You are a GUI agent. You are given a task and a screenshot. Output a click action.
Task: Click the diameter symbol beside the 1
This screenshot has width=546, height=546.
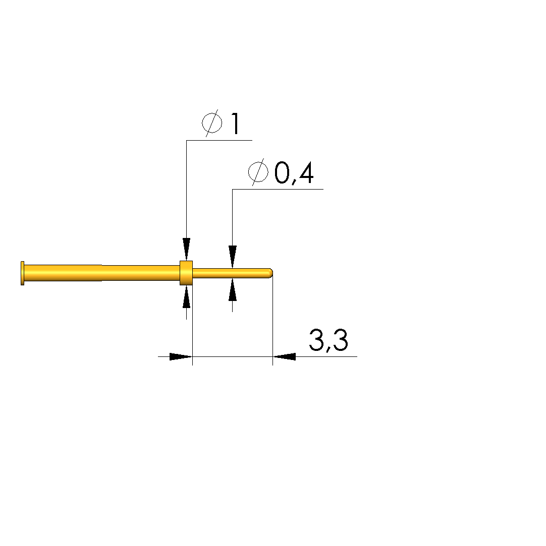pyautogui.click(x=212, y=123)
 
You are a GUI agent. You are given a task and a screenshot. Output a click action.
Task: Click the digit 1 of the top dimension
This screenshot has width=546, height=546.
pyautogui.click(x=236, y=124)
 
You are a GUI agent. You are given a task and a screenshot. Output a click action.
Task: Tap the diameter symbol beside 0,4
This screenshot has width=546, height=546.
pyautogui.click(x=258, y=172)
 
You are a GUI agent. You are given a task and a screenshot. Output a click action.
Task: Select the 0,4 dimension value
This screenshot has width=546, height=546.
pyautogui.click(x=294, y=173)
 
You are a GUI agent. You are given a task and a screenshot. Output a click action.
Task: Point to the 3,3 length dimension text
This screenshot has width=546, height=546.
pyautogui.click(x=328, y=340)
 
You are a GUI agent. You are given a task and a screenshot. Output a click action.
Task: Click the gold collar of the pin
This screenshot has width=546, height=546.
pyautogui.click(x=186, y=273)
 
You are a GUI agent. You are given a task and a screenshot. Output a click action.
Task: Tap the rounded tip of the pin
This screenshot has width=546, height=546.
pyautogui.click(x=270, y=273)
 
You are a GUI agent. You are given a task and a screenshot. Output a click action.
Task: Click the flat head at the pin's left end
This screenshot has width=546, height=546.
pyautogui.click(x=23, y=273)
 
